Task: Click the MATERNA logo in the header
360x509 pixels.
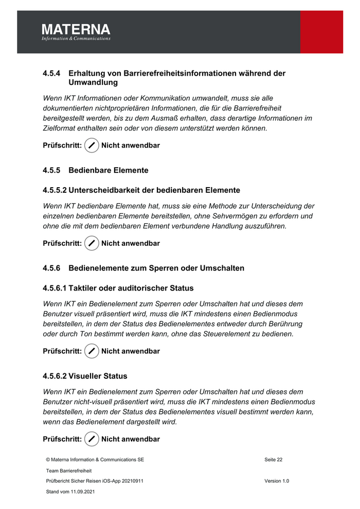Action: pos(76,31)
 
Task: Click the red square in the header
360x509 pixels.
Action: pos(321,31)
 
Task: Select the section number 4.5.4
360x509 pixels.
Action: pos(52,74)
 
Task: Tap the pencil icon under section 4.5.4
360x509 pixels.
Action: pos(92,146)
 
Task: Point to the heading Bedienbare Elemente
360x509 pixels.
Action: pos(109,170)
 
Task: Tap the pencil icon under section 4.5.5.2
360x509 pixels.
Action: pos(92,243)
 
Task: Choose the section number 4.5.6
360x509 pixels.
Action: pos(52,268)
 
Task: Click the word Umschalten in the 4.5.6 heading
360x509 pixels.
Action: pos(219,268)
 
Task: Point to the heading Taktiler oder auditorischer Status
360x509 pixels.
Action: pos(131,288)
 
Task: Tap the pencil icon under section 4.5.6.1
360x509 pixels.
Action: pos(92,351)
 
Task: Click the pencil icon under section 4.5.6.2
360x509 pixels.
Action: pos(92,439)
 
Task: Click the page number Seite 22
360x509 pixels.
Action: pos(273,460)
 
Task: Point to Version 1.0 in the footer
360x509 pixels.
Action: pos(277,481)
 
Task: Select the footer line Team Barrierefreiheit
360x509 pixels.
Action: pos(69,470)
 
